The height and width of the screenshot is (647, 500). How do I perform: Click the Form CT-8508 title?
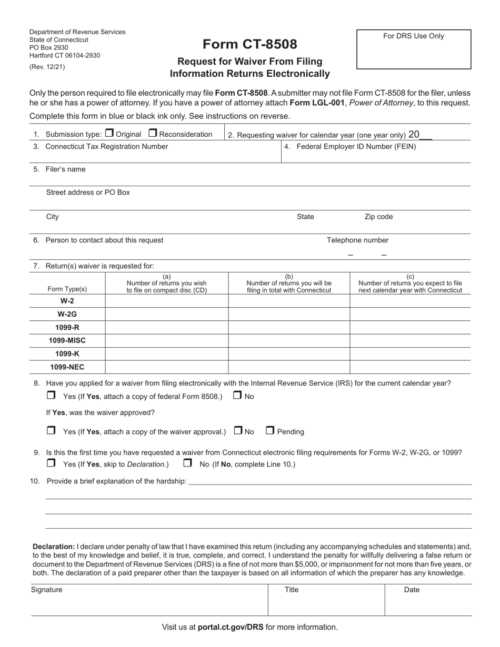tap(250, 44)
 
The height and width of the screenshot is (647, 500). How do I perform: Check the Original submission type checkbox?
tap(109, 134)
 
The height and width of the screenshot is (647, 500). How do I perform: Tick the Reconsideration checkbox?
tap(153, 134)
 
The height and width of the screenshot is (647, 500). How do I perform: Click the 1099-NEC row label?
tap(67, 367)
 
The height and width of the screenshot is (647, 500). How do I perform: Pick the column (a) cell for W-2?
tap(166, 301)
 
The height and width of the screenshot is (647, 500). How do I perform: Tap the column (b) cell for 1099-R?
tap(289, 327)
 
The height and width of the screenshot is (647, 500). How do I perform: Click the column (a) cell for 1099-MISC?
tap(166, 340)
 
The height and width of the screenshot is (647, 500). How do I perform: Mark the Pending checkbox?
tap(270, 431)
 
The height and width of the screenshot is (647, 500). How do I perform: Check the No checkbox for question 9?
tap(187, 463)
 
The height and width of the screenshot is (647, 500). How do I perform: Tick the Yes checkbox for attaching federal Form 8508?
tap(51, 395)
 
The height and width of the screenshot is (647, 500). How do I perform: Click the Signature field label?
tap(46, 590)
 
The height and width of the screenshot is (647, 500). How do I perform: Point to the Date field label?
tap(412, 590)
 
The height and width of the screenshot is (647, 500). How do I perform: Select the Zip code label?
tap(378, 217)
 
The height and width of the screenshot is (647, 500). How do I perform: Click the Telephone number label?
tap(357, 240)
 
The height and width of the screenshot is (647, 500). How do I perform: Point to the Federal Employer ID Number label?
tap(356, 147)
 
